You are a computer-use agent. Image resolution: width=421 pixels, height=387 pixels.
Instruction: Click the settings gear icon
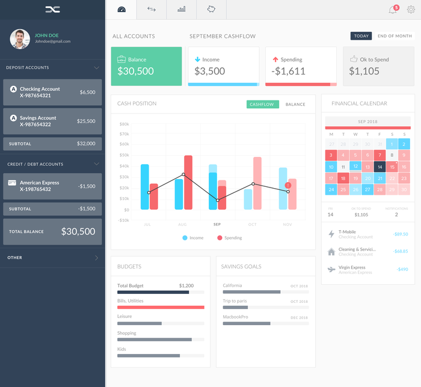[411, 10]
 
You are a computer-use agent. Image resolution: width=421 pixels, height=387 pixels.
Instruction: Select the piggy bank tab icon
[211, 9]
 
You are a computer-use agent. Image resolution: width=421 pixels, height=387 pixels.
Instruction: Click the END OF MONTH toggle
[395, 36]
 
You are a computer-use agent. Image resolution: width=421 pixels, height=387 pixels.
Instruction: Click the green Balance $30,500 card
[146, 66]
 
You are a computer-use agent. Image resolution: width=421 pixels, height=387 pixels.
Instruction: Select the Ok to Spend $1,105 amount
[364, 71]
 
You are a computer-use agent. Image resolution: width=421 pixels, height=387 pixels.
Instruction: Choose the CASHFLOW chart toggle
[262, 105]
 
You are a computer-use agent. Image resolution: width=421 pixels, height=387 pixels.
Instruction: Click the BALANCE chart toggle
[295, 105]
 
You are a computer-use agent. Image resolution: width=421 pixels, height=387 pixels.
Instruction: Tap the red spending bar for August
[188, 182]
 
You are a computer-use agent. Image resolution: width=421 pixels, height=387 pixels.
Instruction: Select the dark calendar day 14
[379, 167]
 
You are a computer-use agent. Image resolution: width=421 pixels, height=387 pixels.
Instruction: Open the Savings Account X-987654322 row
[52, 121]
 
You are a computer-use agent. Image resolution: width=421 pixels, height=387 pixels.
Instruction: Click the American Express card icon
[12, 183]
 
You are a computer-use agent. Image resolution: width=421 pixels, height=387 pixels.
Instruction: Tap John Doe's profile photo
[20, 39]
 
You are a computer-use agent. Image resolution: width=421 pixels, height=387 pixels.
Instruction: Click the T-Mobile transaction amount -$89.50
[399, 234]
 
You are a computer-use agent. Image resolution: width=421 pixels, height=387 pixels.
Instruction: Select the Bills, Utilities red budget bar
[161, 307]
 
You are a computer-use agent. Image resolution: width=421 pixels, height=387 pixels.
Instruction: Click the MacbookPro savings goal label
[235, 317]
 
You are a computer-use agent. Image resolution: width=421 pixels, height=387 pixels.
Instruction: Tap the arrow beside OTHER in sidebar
[96, 258]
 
